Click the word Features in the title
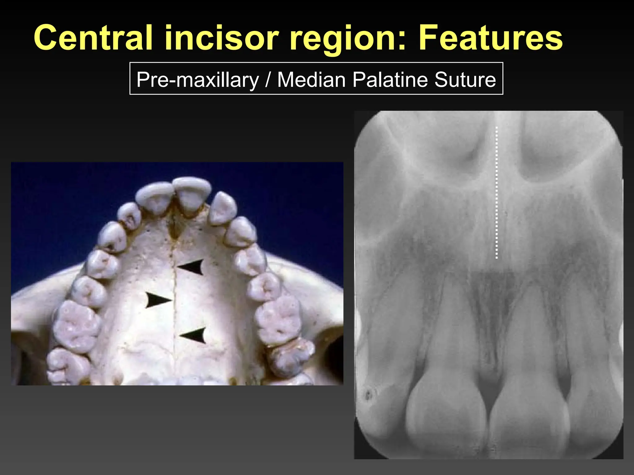point(490,38)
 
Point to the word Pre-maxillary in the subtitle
point(198,80)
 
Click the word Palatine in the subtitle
point(390,80)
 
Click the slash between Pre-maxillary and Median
point(268,80)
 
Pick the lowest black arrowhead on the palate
point(194,335)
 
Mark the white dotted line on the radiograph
point(497,192)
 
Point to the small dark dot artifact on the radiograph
point(368,395)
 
